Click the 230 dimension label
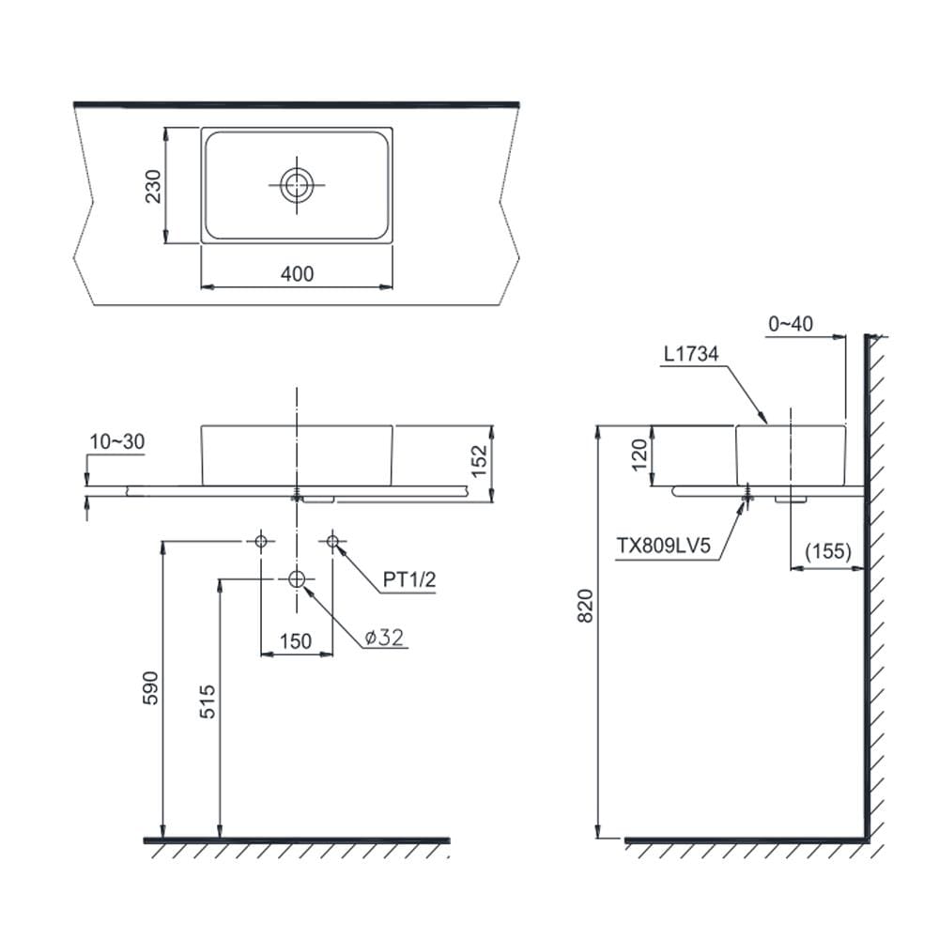point(153,186)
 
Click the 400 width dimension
point(297,274)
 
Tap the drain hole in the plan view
point(297,185)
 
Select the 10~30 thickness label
point(117,442)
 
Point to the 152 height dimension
point(480,461)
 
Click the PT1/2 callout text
point(409,579)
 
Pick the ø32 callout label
point(384,638)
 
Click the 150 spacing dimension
point(296,641)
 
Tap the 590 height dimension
point(150,688)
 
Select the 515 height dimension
point(208,701)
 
